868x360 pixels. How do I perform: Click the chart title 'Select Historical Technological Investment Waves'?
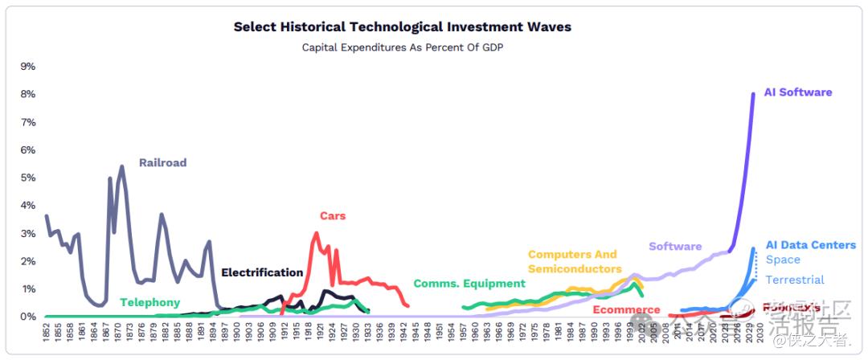pyautogui.click(x=402, y=27)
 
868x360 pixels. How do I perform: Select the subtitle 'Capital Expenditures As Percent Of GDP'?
pyautogui.click(x=402, y=47)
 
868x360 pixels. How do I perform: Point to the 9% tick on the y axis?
pyautogui.click(x=27, y=66)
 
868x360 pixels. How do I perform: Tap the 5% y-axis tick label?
pyautogui.click(x=27, y=178)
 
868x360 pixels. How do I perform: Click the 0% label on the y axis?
pyautogui.click(x=27, y=317)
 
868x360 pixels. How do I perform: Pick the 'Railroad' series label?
pyautogui.click(x=162, y=162)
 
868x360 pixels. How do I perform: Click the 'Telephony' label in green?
pyautogui.click(x=149, y=303)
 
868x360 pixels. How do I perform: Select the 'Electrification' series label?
pyautogui.click(x=262, y=272)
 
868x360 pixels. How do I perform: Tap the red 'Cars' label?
pyautogui.click(x=333, y=215)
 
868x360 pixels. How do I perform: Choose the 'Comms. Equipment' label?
pyautogui.click(x=469, y=283)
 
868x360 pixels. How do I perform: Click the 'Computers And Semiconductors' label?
pyautogui.click(x=574, y=262)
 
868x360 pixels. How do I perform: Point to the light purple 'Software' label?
pyautogui.click(x=675, y=246)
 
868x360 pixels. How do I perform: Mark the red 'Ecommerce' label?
pyautogui.click(x=626, y=309)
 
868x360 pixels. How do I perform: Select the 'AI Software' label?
pyautogui.click(x=798, y=92)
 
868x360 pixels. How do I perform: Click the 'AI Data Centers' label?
pyautogui.click(x=810, y=244)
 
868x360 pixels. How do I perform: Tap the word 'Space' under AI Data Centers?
pyautogui.click(x=783, y=260)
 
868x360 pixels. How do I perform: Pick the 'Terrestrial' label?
pyautogui.click(x=795, y=280)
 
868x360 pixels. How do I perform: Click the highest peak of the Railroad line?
pyautogui.click(x=121, y=166)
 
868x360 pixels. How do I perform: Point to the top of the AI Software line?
pyautogui.click(x=753, y=94)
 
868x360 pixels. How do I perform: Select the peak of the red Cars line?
pyautogui.click(x=316, y=233)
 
